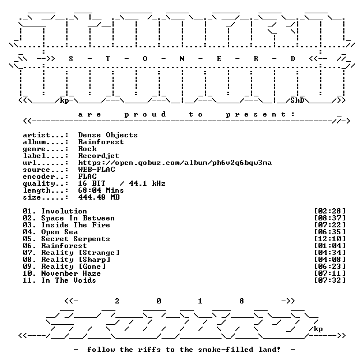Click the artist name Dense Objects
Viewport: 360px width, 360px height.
(x=108, y=135)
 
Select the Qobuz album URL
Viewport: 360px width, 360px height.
(x=175, y=163)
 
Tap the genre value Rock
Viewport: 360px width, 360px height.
(x=88, y=149)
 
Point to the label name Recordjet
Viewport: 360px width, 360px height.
(x=99, y=156)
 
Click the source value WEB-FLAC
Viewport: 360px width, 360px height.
(x=97, y=170)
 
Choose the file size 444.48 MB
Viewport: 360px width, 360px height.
(x=99, y=197)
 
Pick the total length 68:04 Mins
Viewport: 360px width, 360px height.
(x=101, y=190)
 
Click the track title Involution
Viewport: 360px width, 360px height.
(x=64, y=211)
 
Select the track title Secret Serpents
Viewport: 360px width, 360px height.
(x=76, y=239)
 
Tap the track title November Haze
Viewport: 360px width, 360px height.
(x=71, y=273)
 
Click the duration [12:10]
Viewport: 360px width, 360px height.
(x=329, y=239)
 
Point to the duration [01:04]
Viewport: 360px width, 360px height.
(x=329, y=246)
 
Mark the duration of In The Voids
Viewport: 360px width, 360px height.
(x=329, y=280)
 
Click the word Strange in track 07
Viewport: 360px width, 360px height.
(x=99, y=253)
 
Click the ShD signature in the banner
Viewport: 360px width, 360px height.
(x=297, y=100)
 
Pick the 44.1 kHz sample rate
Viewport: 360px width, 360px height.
(x=147, y=183)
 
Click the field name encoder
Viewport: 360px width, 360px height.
(x=39, y=177)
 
